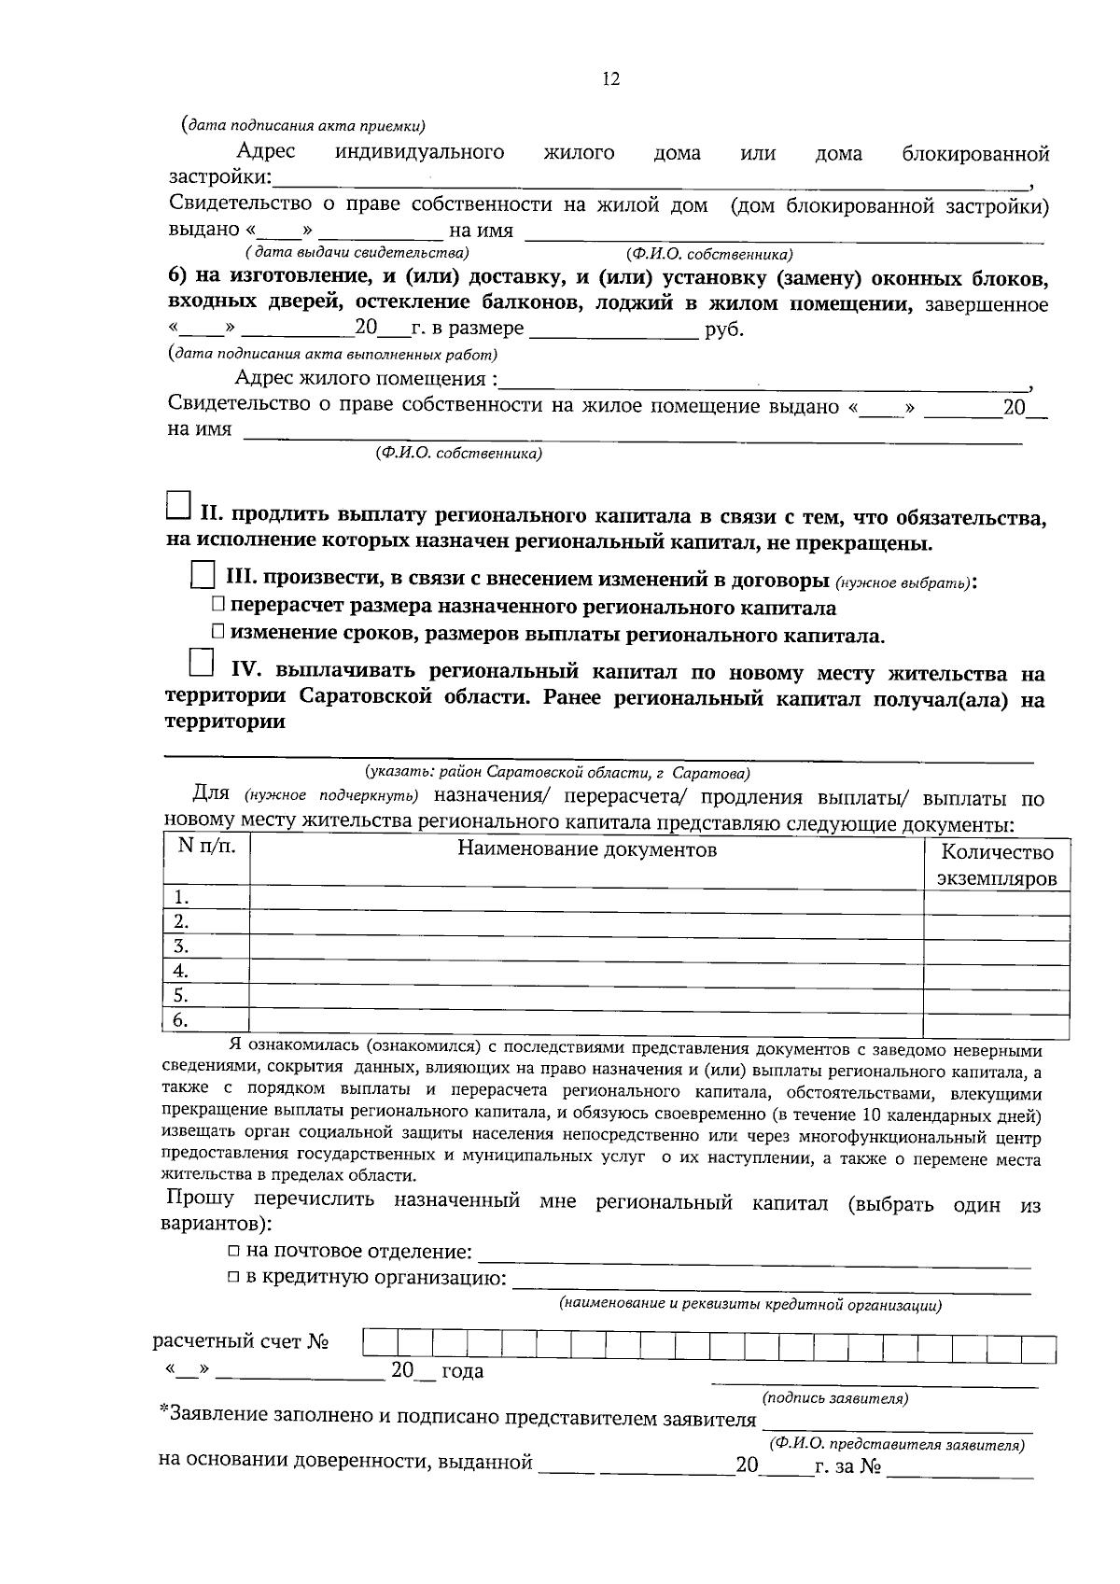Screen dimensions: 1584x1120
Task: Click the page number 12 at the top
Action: (610, 79)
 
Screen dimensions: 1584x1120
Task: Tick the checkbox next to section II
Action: (177, 507)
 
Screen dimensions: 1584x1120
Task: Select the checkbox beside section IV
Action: (200, 663)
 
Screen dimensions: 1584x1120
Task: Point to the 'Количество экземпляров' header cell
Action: (997, 864)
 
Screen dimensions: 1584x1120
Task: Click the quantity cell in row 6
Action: (997, 1021)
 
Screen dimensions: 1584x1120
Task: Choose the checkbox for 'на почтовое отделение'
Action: (234, 1252)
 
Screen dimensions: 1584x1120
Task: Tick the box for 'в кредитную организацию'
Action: (234, 1278)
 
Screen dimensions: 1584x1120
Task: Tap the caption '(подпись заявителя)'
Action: (834, 1397)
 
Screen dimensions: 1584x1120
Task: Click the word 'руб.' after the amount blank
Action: (725, 330)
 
